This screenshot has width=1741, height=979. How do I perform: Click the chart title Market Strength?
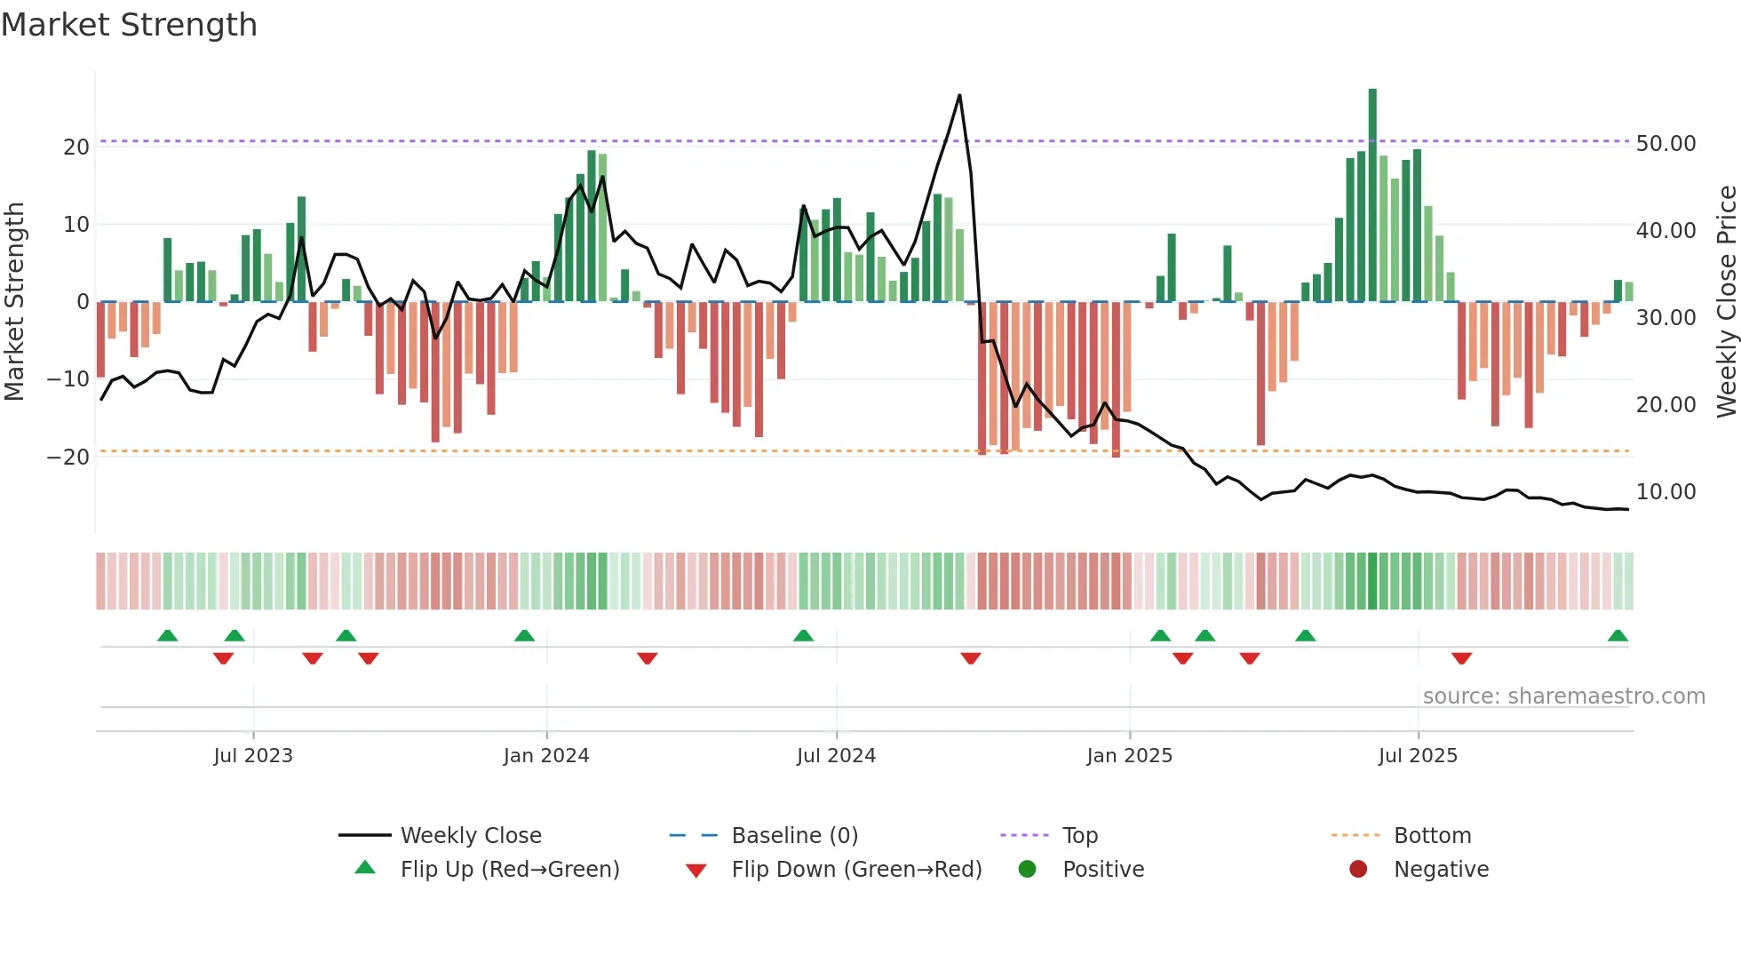pyautogui.click(x=129, y=25)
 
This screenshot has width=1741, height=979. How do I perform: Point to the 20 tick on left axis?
pyautogui.click(x=76, y=147)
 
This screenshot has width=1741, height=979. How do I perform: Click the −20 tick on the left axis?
pyautogui.click(x=68, y=457)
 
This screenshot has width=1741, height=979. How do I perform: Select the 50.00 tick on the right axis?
pyautogui.click(x=1665, y=143)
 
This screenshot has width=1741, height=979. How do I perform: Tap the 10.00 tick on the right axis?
pyautogui.click(x=1665, y=491)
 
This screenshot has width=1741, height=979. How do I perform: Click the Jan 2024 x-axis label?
pyautogui.click(x=545, y=755)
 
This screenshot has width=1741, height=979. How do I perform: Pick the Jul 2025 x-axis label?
pyautogui.click(x=1418, y=755)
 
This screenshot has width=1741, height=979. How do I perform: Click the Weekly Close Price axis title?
pyautogui.click(x=1726, y=302)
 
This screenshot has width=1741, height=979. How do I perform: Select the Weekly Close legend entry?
pyautogui.click(x=470, y=835)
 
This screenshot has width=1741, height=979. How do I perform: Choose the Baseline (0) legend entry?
pyautogui.click(x=794, y=835)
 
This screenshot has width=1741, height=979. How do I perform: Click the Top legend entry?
pyautogui.click(x=1079, y=835)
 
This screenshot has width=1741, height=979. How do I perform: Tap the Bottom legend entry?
pyautogui.click(x=1432, y=835)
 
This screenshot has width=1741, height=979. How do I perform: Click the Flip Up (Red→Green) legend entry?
pyautogui.click(x=509, y=869)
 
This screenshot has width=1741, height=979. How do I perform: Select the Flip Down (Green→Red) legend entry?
pyautogui.click(x=856, y=869)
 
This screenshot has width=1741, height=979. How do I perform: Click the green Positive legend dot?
pyautogui.click(x=1027, y=869)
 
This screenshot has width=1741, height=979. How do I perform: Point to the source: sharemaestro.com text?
pyautogui.click(x=1563, y=696)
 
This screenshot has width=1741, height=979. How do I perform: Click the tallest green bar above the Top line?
pyautogui.click(x=1372, y=111)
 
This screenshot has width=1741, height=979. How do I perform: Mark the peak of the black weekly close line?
pyautogui.click(x=959, y=95)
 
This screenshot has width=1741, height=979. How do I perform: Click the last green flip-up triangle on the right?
pyautogui.click(x=1618, y=636)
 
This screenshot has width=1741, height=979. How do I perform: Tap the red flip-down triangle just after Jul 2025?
pyautogui.click(x=1461, y=658)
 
